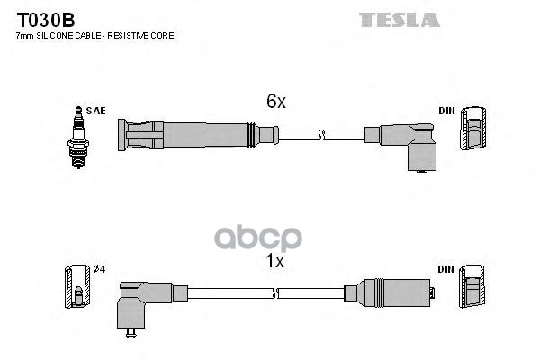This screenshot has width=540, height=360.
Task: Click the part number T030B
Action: point(46,20)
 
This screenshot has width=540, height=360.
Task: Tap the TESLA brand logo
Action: point(400,20)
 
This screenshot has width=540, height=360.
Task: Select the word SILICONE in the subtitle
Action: point(55,36)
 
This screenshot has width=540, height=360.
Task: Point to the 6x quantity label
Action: point(276,102)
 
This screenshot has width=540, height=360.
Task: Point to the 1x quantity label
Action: point(274,261)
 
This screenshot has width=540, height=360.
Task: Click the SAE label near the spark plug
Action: point(95,111)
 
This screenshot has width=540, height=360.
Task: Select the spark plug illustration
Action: point(78,137)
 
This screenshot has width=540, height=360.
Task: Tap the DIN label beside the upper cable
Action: point(446,111)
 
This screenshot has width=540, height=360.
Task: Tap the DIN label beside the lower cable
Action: point(446,269)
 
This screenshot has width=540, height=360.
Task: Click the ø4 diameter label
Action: point(99,269)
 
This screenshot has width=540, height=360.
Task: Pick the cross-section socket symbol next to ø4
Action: point(77,286)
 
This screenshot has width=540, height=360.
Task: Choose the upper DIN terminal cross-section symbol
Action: point(473,128)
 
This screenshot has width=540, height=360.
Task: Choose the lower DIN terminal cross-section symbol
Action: point(472,286)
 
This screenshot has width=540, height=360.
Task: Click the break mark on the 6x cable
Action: point(321,135)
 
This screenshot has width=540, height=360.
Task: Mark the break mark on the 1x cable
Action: point(275,293)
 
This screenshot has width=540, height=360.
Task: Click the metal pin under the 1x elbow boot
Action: point(130,333)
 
